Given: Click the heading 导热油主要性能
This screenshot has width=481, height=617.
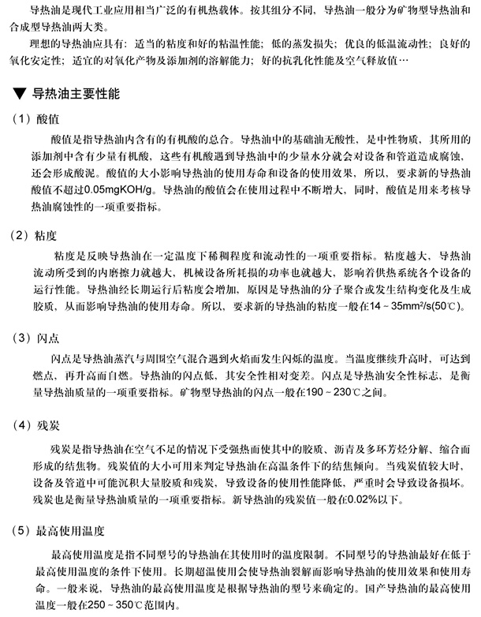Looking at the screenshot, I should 76,94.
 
